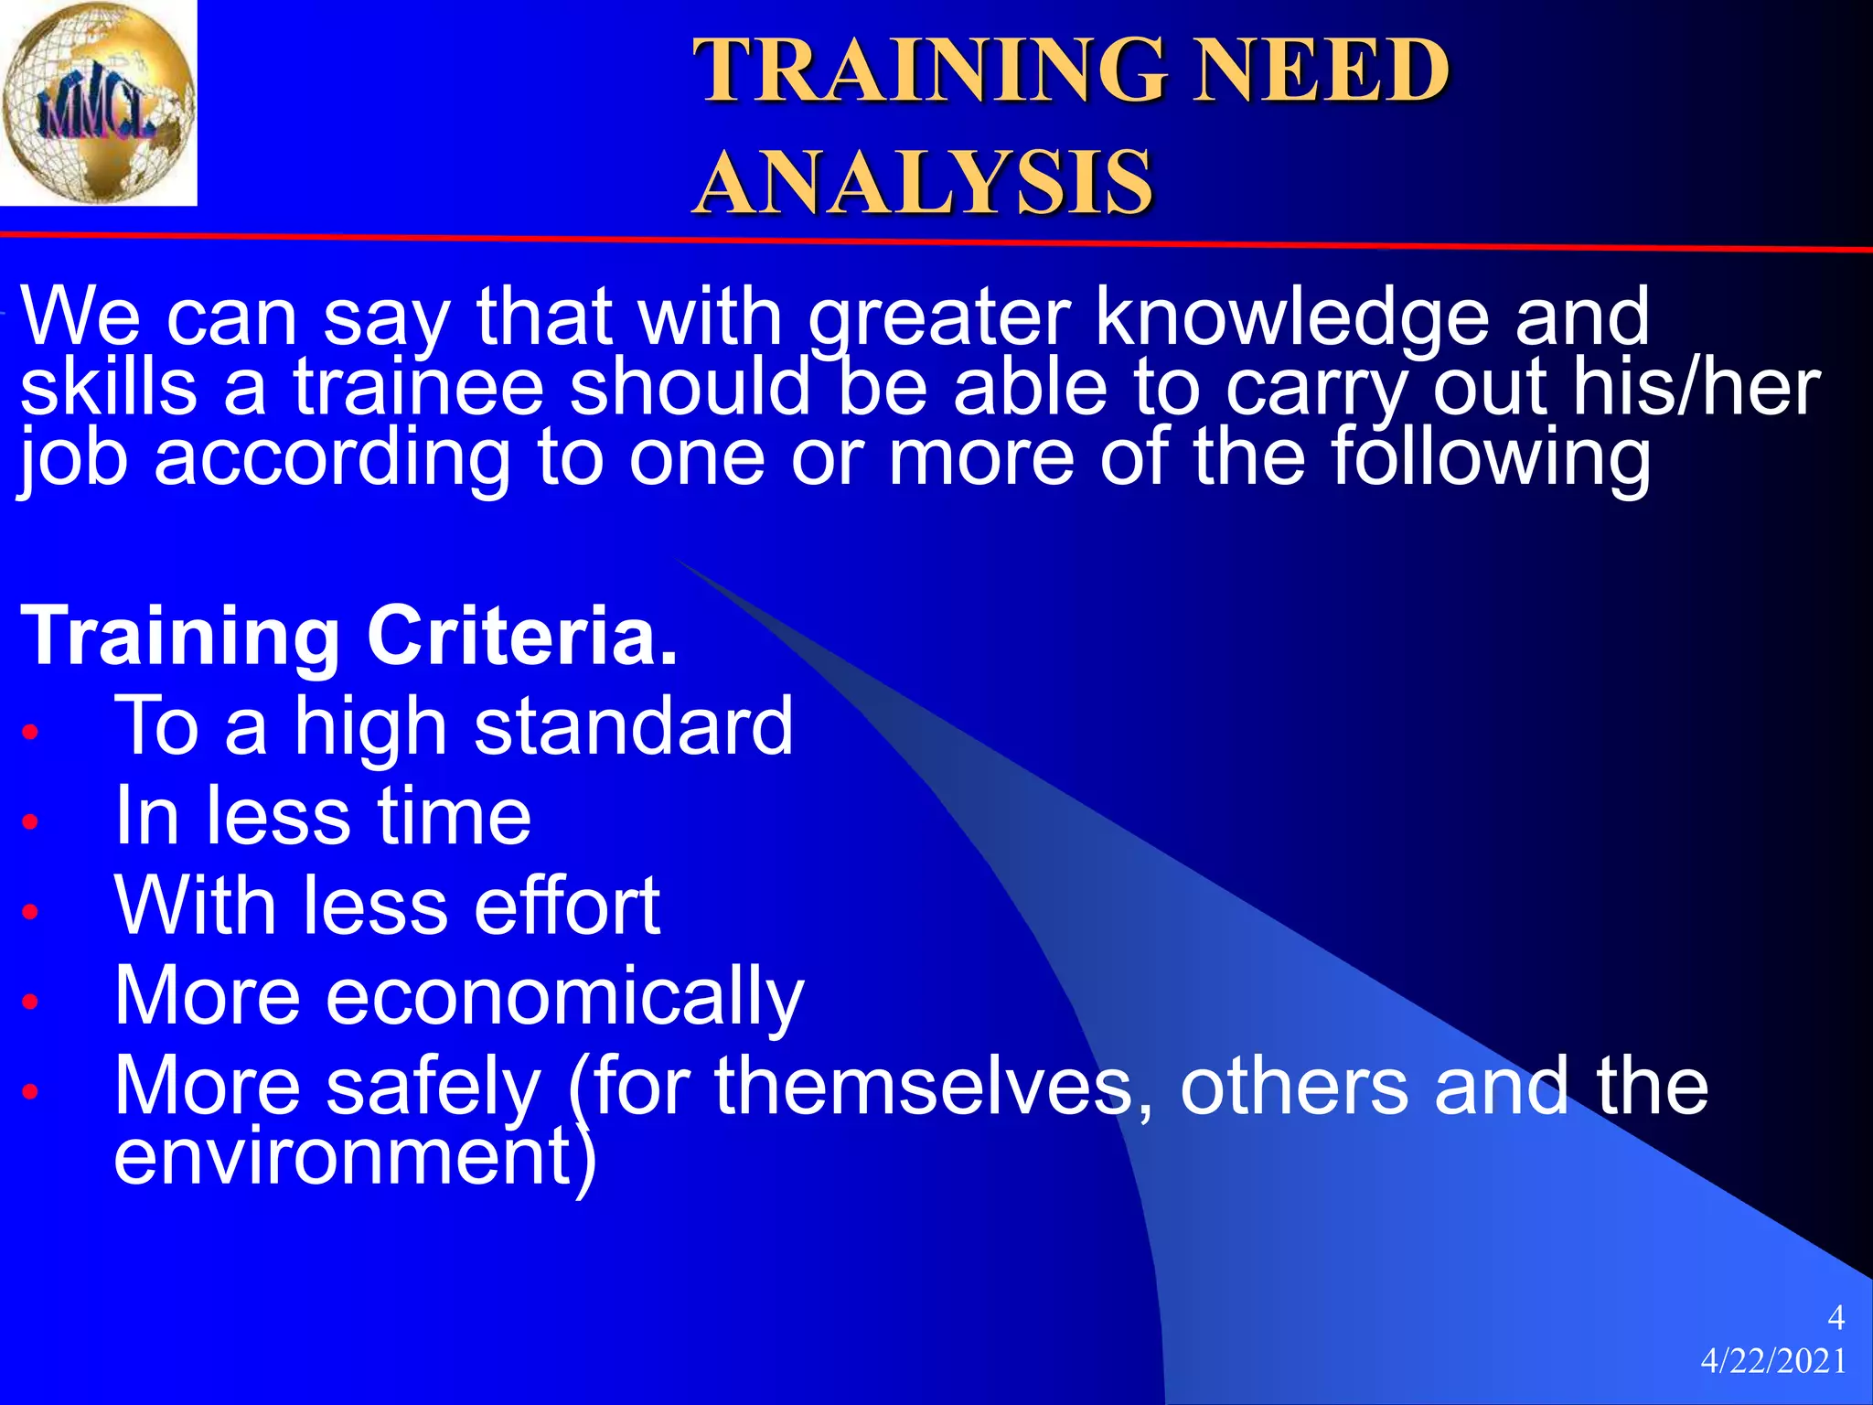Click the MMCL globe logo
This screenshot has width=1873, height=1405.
pyautogui.click(x=98, y=102)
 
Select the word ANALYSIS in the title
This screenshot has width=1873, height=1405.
pyautogui.click(x=924, y=182)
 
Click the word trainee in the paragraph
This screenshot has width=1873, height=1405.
pyautogui.click(x=419, y=387)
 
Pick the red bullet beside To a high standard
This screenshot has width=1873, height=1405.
pyautogui.click(x=30, y=732)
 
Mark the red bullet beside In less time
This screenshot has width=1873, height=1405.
pyautogui.click(x=30, y=821)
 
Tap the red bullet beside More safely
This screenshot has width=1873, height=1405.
pyautogui.click(x=30, y=1091)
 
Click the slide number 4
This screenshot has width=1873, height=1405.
pyautogui.click(x=1836, y=1318)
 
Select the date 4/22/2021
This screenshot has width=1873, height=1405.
pyautogui.click(x=1773, y=1362)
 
